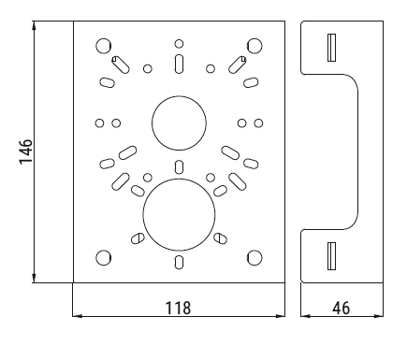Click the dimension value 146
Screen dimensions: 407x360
click(x=26, y=151)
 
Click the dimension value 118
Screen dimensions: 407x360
click(x=178, y=308)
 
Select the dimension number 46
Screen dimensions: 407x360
click(x=341, y=309)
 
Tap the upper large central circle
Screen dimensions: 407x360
click(x=179, y=96)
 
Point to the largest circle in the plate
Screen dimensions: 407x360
click(x=179, y=179)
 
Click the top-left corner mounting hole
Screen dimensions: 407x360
click(x=104, y=46)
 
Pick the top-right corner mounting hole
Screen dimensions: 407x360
click(x=254, y=46)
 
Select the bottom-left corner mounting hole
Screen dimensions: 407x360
click(x=104, y=258)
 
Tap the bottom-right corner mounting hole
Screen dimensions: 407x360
click(x=254, y=258)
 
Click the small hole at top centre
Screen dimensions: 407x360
click(x=179, y=44)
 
